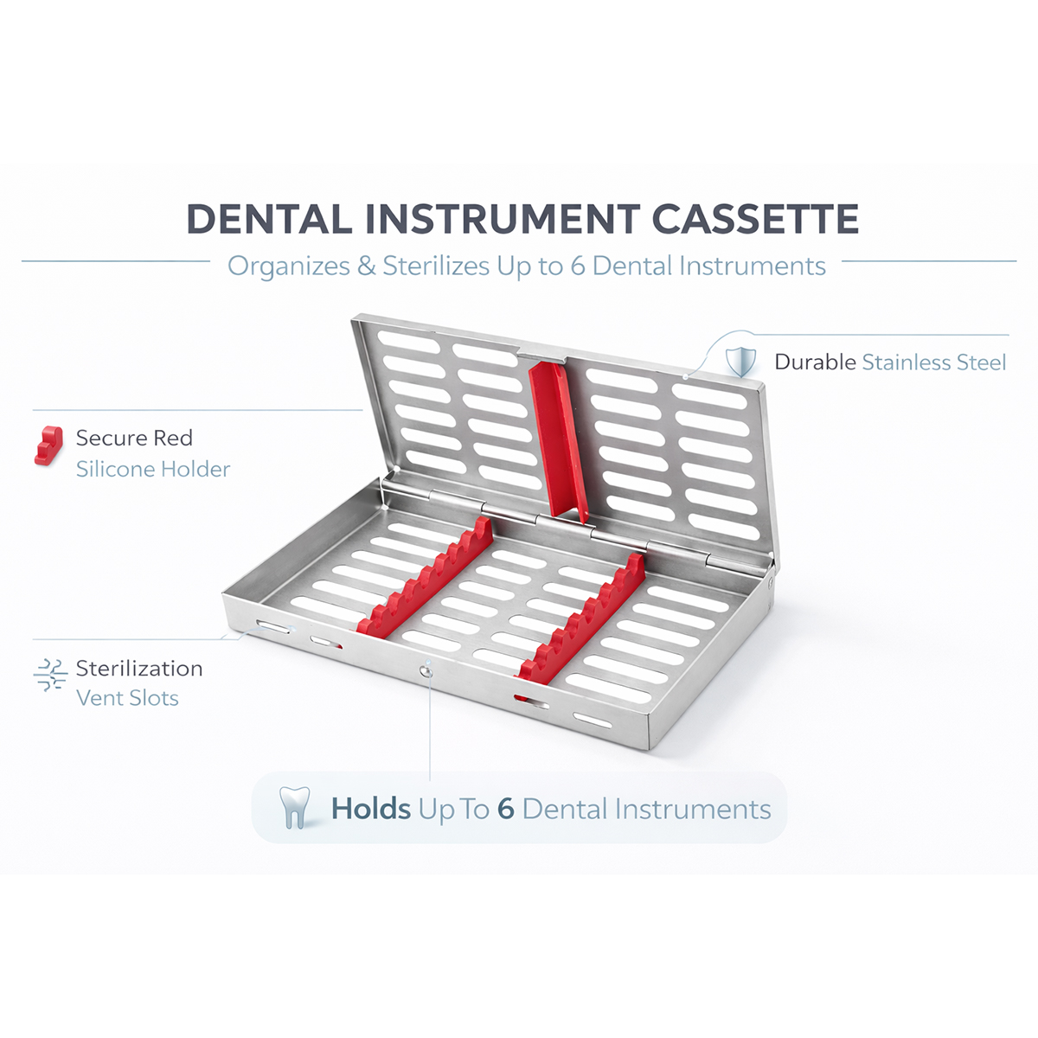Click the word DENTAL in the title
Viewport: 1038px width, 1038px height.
point(269,219)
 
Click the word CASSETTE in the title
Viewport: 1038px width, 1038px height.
point(755,219)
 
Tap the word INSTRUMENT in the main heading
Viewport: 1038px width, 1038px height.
point(503,219)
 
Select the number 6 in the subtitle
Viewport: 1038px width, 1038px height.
point(578,266)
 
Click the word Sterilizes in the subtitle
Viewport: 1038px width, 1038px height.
point(437,266)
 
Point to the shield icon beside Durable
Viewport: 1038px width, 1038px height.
point(740,361)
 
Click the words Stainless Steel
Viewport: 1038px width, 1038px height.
point(933,362)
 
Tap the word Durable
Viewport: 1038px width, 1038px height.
point(815,362)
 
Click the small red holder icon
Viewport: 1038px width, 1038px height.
point(48,445)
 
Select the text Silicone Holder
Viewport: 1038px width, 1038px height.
point(153,470)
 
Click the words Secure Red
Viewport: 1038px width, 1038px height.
point(134,439)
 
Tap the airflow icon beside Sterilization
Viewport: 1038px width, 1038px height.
point(50,675)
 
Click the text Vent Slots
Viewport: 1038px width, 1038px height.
point(127,698)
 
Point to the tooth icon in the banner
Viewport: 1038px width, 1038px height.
point(295,807)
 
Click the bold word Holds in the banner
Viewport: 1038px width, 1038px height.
point(371,810)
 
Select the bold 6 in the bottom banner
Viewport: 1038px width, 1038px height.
point(506,810)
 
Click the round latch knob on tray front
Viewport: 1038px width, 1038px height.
point(426,669)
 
